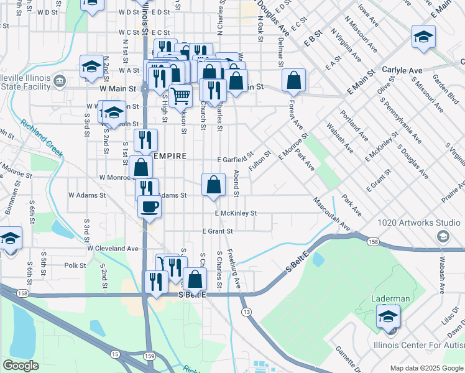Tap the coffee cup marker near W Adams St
[x=149, y=206]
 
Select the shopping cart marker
[x=180, y=96]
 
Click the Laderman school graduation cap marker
[x=388, y=318]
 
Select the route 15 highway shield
[x=116, y=354]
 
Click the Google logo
[x=21, y=366]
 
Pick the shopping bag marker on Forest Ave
[x=293, y=80]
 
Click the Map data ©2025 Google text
[x=426, y=368]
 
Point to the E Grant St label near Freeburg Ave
[x=217, y=231]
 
